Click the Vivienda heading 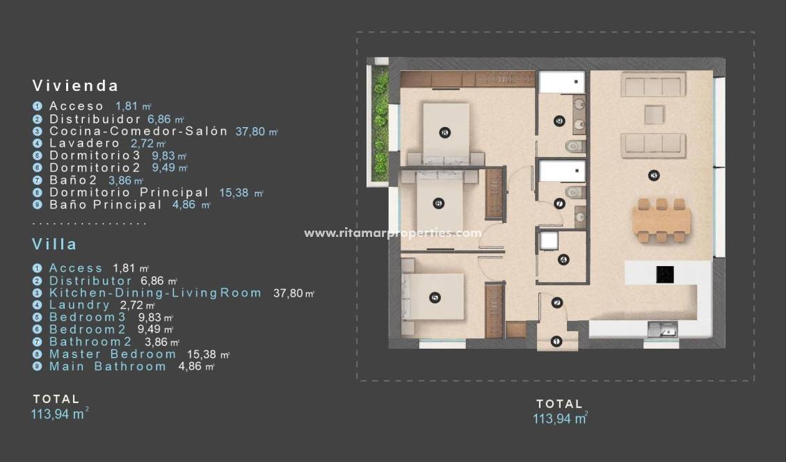[75, 86]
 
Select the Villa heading [54, 245]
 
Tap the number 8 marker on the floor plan [444, 132]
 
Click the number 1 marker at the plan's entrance [556, 341]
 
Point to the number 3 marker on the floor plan [653, 175]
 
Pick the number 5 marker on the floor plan [435, 297]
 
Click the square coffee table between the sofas [653, 113]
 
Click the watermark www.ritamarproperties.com [392, 233]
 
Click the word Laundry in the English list [79, 305]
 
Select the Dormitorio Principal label [129, 192]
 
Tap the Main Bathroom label [108, 366]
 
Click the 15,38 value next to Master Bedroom [202, 354]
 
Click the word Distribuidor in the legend [95, 119]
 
